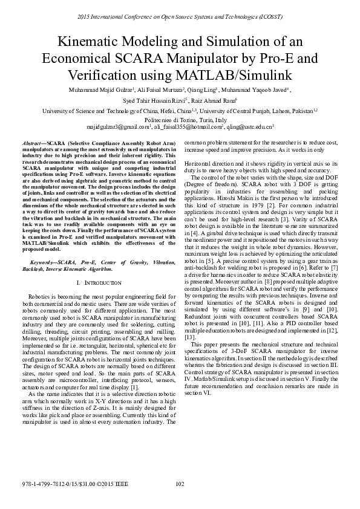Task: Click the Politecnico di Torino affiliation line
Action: click(x=180, y=120)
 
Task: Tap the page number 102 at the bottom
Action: click(x=179, y=484)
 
